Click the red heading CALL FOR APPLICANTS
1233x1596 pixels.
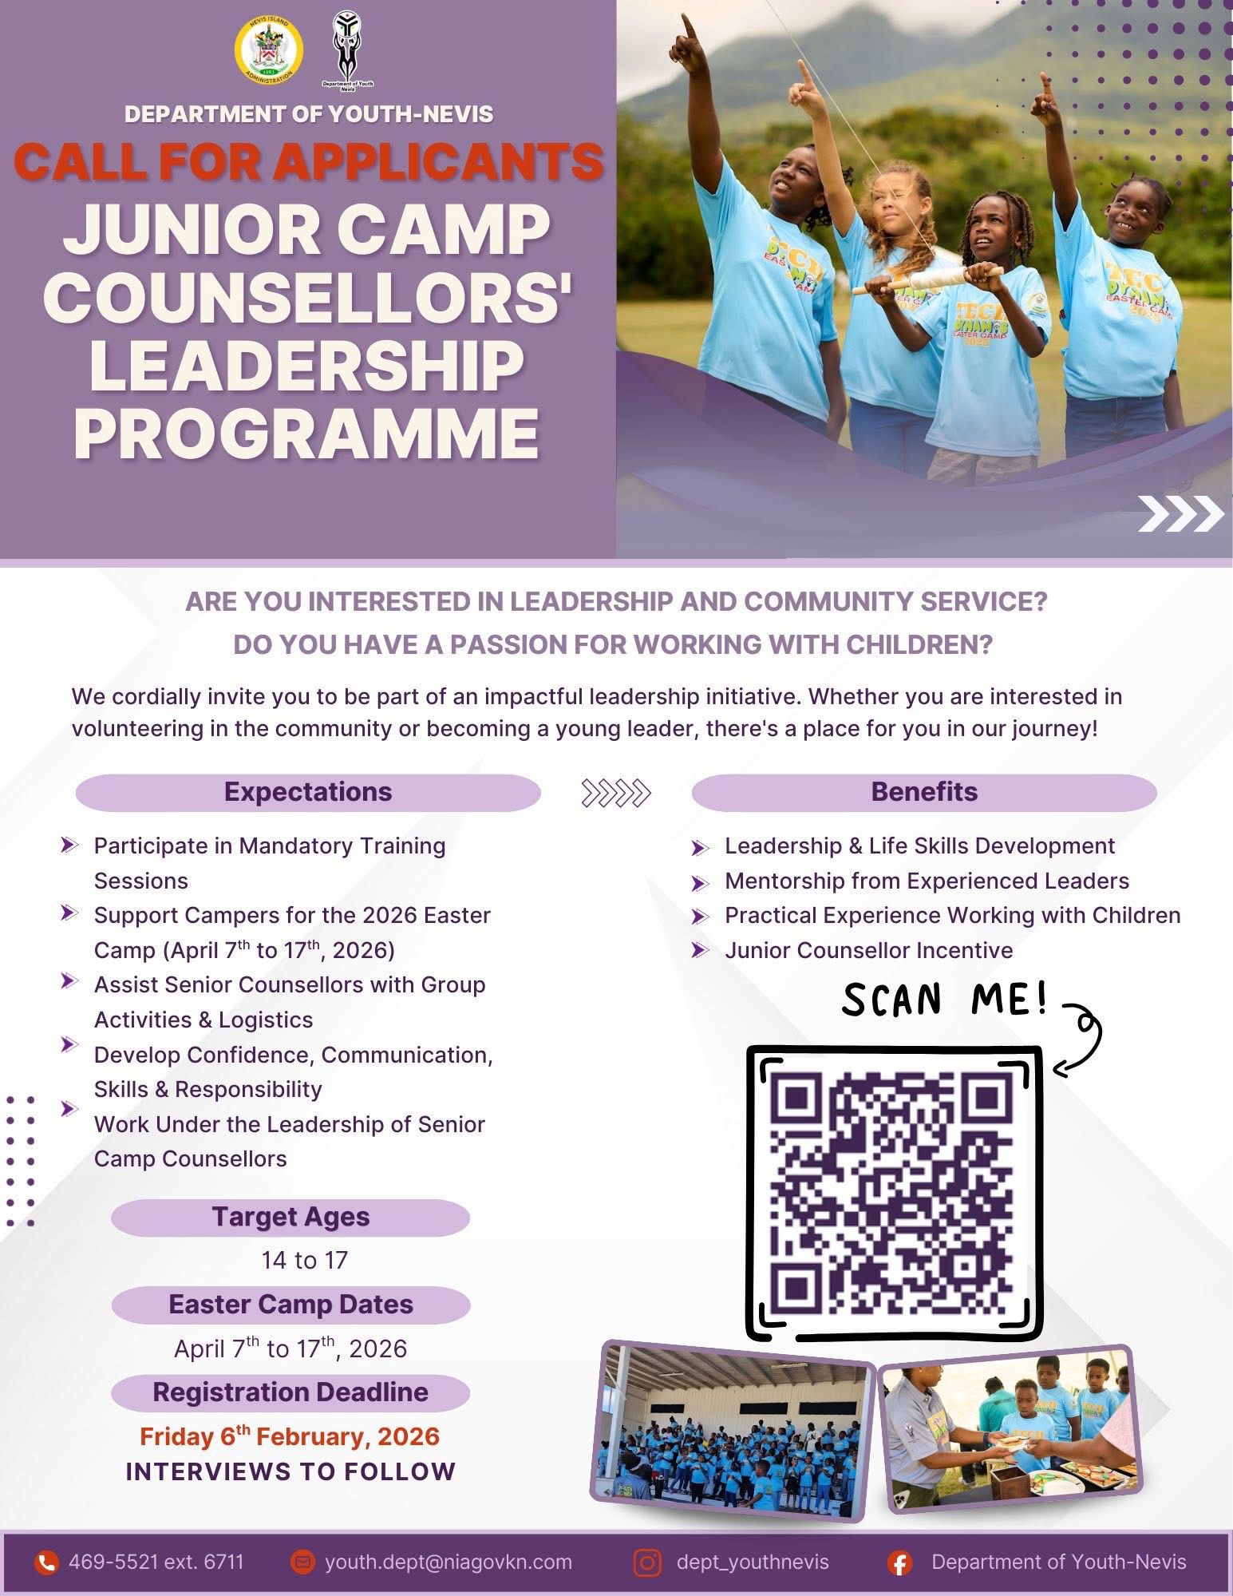(x=309, y=161)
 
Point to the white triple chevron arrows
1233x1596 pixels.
(x=1180, y=513)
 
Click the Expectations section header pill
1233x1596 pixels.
(x=308, y=792)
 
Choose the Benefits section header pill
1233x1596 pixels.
(x=924, y=792)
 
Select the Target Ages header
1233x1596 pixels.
(x=290, y=1218)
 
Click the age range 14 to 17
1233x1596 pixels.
(x=305, y=1261)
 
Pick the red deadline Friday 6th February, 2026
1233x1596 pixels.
(x=290, y=1436)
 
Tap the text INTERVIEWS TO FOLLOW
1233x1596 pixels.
(x=290, y=1471)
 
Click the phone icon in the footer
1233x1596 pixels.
(x=47, y=1562)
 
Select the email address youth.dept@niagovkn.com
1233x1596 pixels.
(x=449, y=1562)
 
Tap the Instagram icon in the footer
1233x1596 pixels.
(x=646, y=1562)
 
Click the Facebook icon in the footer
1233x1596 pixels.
(x=900, y=1563)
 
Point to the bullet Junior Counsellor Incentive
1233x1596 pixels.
(x=869, y=950)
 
